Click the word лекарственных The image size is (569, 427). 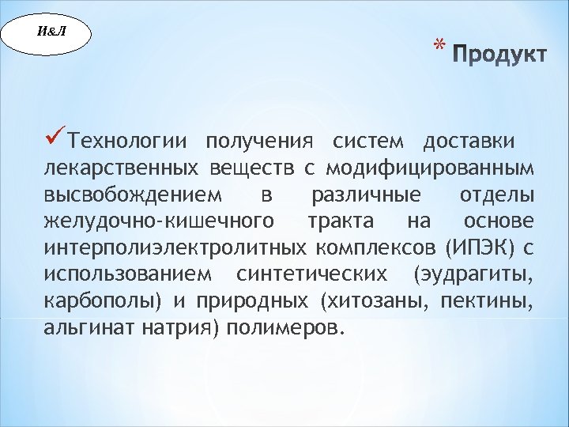[120, 168]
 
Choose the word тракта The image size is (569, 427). [341, 221]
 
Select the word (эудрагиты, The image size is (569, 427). [473, 274]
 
